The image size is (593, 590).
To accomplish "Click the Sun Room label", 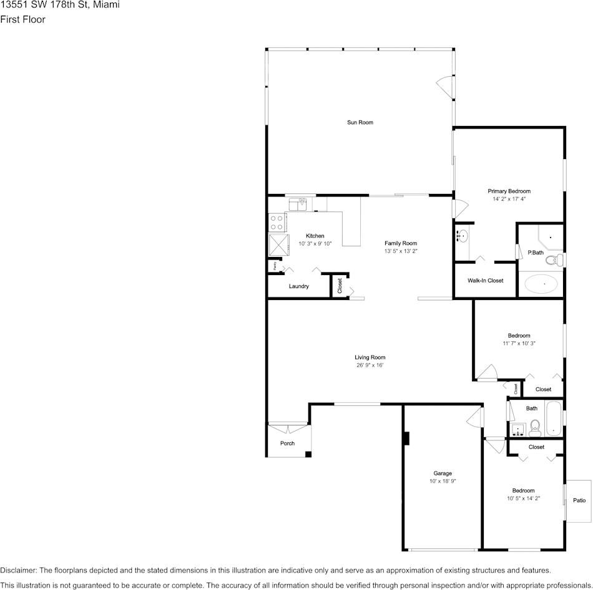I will tap(360, 122).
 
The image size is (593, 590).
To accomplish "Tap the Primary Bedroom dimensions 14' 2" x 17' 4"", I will tap(509, 200).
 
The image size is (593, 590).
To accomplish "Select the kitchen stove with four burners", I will tap(277, 221).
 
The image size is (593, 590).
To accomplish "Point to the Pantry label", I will tap(275, 265).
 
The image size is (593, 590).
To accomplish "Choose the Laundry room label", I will tap(299, 286).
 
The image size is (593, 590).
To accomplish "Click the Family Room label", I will tap(400, 243).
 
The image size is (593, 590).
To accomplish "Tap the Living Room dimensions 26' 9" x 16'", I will tap(370, 365).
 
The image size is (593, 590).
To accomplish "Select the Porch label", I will tap(287, 443).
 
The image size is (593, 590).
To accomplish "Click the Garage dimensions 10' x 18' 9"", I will tap(443, 481).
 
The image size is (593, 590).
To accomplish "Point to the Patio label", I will tap(579, 500).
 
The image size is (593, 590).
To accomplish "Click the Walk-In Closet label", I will tap(485, 281).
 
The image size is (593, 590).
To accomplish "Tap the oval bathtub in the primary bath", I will tap(541, 284).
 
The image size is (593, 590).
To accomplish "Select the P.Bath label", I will tap(535, 253).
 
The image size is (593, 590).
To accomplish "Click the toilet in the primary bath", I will tap(558, 259).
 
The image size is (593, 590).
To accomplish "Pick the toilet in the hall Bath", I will tap(535, 428).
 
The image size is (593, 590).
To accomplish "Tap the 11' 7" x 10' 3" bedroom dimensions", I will tap(519, 343).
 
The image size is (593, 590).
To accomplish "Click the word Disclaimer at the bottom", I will tap(18, 570).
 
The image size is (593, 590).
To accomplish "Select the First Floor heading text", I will tap(22, 19).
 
